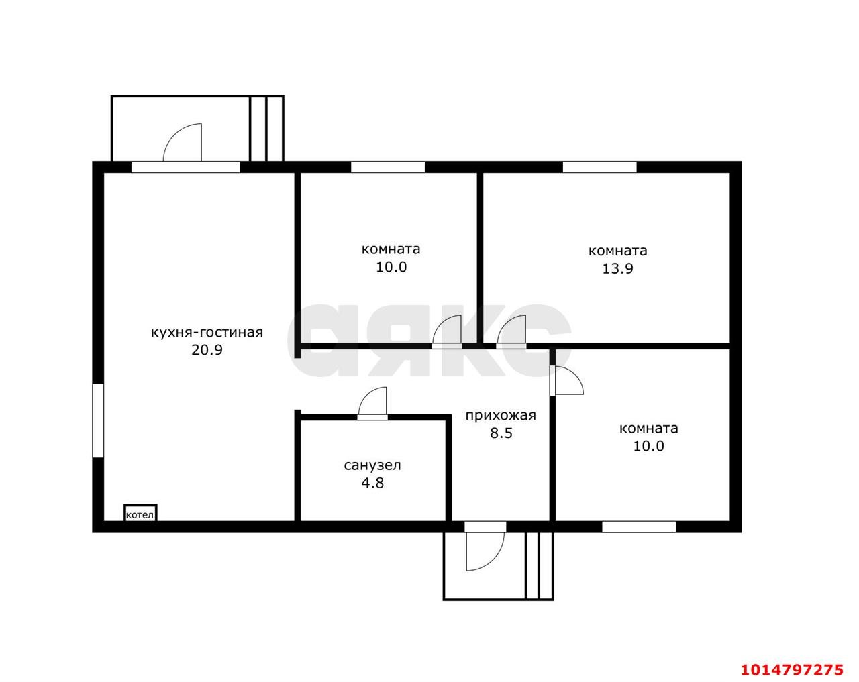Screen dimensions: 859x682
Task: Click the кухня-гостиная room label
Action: [207, 333]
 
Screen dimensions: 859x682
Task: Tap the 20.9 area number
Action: [207, 350]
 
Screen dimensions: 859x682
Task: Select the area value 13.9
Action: [617, 268]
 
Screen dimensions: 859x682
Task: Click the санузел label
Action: [372, 465]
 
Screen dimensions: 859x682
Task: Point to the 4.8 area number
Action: [372, 483]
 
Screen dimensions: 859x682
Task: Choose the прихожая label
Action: [501, 416]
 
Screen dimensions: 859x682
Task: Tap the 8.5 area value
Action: [501, 433]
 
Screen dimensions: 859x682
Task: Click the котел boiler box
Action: [140, 513]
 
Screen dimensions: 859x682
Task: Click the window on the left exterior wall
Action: [98, 420]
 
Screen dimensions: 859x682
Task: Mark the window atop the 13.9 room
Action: [599, 167]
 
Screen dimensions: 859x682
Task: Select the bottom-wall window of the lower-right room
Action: [639, 527]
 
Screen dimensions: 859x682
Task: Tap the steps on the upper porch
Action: [266, 129]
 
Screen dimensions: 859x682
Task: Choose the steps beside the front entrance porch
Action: [540, 565]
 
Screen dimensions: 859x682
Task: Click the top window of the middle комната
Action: [388, 167]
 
